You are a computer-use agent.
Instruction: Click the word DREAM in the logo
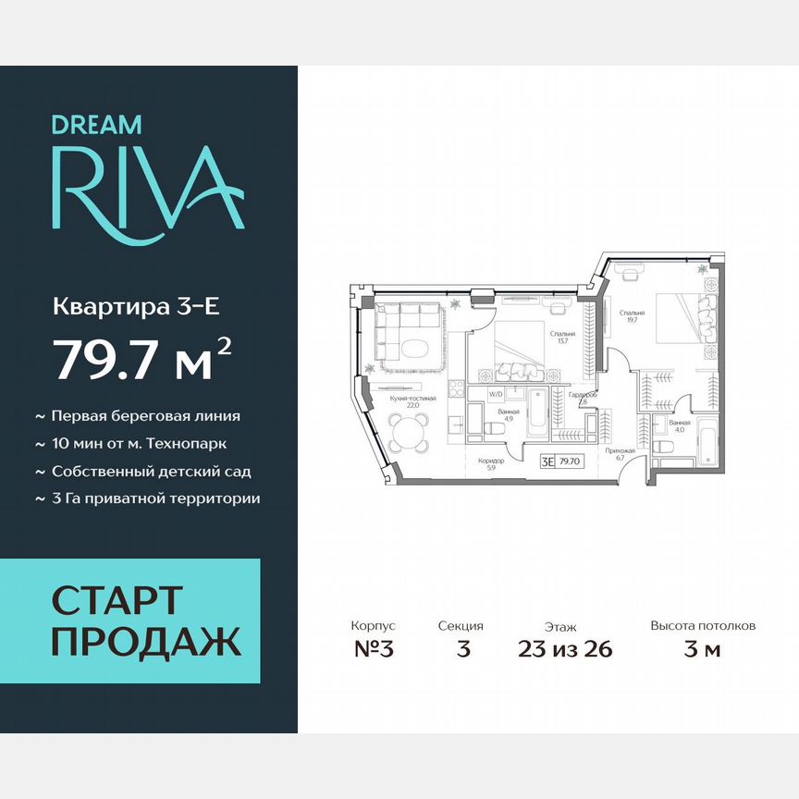pyautogui.click(x=96, y=123)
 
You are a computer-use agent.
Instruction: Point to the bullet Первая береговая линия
pyautogui.click(x=145, y=416)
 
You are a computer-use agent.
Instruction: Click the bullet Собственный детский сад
pyautogui.click(x=151, y=471)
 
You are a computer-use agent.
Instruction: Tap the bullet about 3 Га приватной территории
pyautogui.click(x=155, y=498)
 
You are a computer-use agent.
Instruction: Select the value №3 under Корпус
pyautogui.click(x=374, y=648)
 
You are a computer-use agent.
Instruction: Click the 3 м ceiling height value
pyautogui.click(x=702, y=648)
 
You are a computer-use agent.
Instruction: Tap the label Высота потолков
pyautogui.click(x=703, y=626)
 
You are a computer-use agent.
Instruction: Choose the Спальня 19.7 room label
pyautogui.click(x=633, y=316)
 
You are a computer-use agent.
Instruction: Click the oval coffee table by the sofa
pyautogui.click(x=412, y=349)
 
